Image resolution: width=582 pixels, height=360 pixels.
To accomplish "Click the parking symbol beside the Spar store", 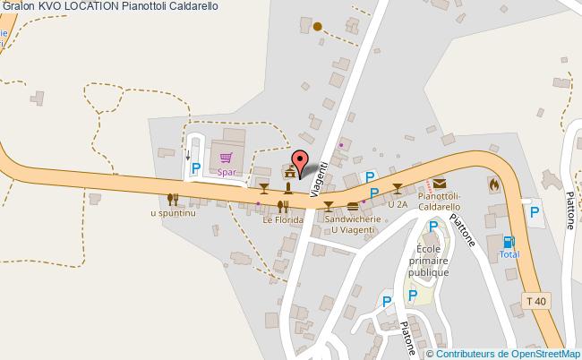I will [x=194, y=167].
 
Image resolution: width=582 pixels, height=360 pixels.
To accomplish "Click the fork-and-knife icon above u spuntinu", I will [x=173, y=199].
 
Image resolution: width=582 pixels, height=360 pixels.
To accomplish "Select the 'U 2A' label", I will [x=397, y=204].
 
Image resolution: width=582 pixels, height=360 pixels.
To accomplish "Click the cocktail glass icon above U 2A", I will [x=398, y=188].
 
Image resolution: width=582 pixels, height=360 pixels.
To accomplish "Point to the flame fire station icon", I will [x=493, y=184].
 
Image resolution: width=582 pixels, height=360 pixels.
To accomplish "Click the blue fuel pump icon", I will [x=509, y=241].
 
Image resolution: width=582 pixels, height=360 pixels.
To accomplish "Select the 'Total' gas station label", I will [x=509, y=254].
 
